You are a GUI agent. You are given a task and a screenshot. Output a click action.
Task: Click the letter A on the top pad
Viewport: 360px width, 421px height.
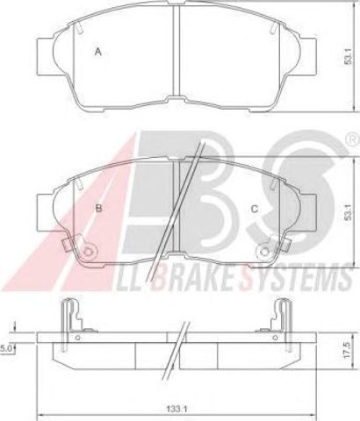pyautogui.click(x=98, y=52)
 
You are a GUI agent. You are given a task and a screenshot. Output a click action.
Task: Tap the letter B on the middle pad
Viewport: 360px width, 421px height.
pyautogui.click(x=99, y=208)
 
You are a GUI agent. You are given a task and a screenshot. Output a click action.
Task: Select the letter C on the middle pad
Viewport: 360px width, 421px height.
pyautogui.click(x=255, y=209)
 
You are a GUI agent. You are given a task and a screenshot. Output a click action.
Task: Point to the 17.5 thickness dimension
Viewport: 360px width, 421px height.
pyautogui.click(x=348, y=351)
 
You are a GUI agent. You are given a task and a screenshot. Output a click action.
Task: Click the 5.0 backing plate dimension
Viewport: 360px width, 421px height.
pyautogui.click(x=6, y=348)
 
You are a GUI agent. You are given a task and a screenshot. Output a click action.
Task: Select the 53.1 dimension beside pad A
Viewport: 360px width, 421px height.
pyautogui.click(x=348, y=56)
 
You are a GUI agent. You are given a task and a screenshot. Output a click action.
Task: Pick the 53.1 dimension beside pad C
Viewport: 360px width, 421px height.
pyautogui.click(x=348, y=212)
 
